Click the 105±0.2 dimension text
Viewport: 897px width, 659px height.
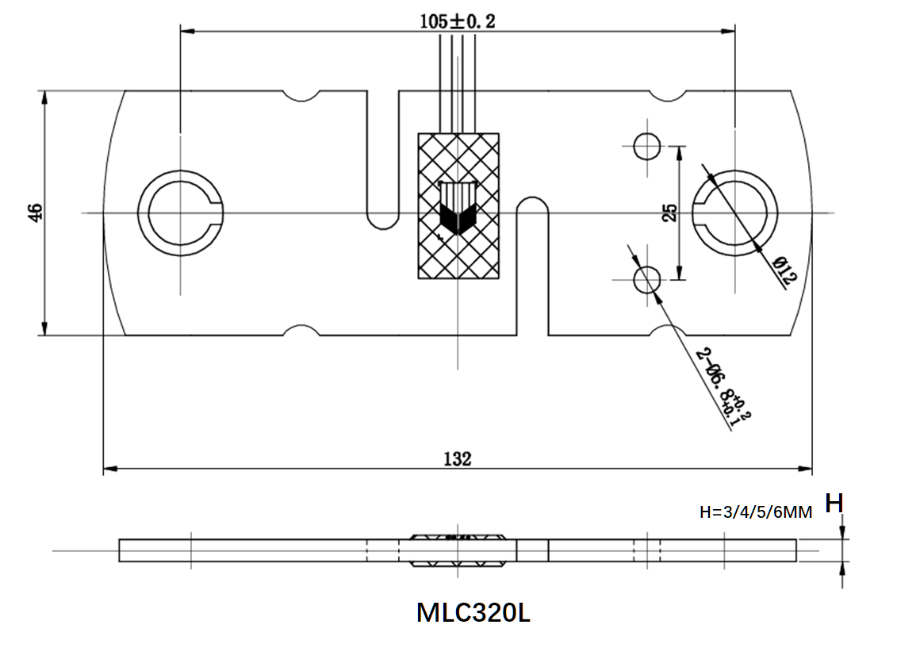point(458,21)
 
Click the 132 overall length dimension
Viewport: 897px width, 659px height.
point(458,459)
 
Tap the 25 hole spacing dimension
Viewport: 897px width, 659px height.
point(670,213)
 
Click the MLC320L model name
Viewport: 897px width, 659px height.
point(473,613)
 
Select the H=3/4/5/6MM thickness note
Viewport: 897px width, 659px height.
point(756,512)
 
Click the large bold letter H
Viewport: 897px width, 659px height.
point(834,503)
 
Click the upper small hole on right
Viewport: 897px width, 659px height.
point(647,146)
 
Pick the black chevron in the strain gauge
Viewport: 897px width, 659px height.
point(456,218)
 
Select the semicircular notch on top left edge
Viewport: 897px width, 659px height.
point(301,95)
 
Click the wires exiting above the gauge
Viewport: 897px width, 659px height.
point(458,79)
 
